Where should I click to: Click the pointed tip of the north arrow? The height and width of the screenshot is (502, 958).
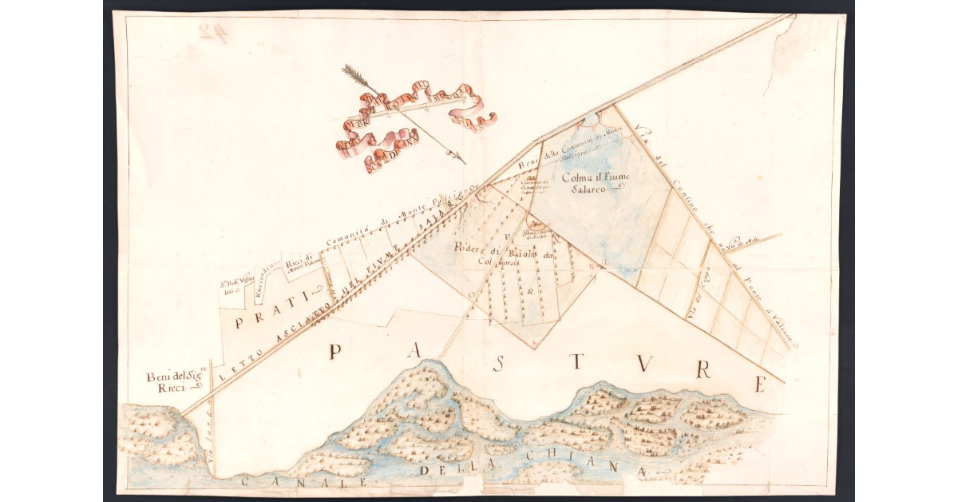[x=464, y=162]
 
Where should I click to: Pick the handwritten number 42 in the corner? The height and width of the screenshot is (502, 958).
[x=211, y=33]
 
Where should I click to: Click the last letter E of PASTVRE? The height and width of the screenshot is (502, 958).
[x=759, y=384]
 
